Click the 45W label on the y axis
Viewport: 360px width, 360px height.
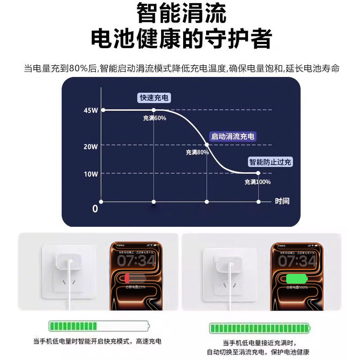pyautogui.click(x=90, y=111)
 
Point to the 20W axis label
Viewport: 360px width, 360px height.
pyautogui.click(x=90, y=146)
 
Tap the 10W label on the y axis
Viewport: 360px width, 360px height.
pyautogui.click(x=90, y=174)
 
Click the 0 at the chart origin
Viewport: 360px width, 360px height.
pyautogui.click(x=95, y=209)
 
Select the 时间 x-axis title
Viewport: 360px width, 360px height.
pyautogui.click(x=282, y=201)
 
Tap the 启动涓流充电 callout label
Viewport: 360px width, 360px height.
pyautogui.click(x=233, y=136)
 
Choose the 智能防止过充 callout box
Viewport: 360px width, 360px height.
pyautogui.click(x=270, y=162)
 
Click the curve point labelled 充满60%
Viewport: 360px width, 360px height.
pyautogui.click(x=154, y=110)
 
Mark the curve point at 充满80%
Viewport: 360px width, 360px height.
pyautogui.click(x=207, y=144)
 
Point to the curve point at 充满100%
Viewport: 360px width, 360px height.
pyautogui.click(x=258, y=173)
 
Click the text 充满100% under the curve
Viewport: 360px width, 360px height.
pyautogui.click(x=257, y=182)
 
